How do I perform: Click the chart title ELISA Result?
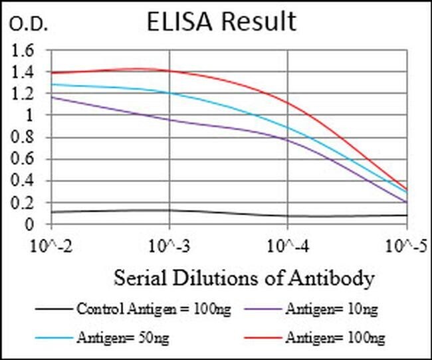[x=221, y=21]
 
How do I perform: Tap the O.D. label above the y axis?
[x=29, y=24]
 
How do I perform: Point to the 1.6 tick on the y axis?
[x=22, y=50]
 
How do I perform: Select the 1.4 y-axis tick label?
[x=22, y=72]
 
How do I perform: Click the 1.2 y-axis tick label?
[x=22, y=94]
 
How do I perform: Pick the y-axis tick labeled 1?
[x=29, y=116]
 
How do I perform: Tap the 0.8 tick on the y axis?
[x=22, y=137]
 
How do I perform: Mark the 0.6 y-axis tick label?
[x=22, y=159]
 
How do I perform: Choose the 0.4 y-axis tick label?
[x=22, y=181]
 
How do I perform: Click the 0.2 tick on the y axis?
[x=22, y=203]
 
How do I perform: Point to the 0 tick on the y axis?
[x=29, y=225]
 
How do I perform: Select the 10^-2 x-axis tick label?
[x=51, y=246]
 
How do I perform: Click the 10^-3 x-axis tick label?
[x=169, y=246]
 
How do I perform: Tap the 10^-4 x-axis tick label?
[x=288, y=246]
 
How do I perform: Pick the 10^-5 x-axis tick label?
[x=406, y=246]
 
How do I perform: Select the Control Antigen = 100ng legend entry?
[x=134, y=309]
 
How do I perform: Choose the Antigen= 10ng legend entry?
[x=311, y=309]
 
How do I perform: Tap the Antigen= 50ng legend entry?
[x=102, y=337]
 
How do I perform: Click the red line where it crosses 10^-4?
[x=288, y=103]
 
